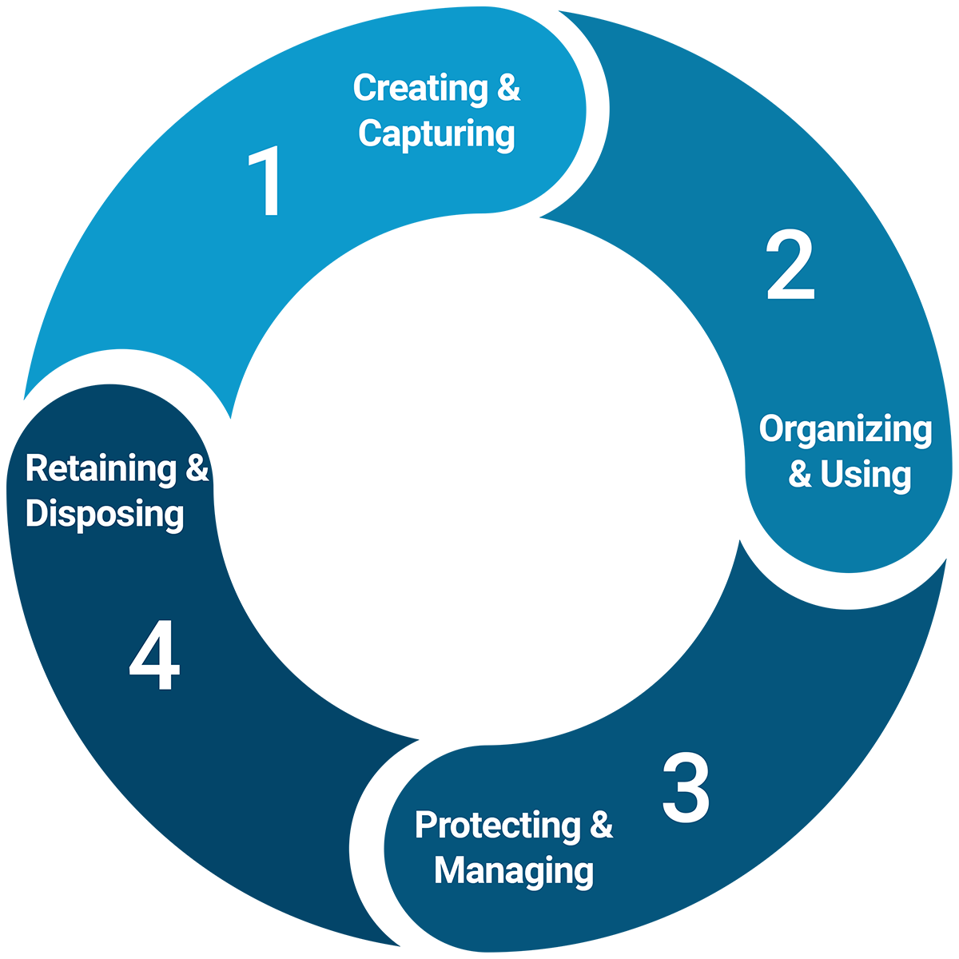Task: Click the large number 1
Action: [x=267, y=182]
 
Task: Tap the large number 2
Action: [x=790, y=266]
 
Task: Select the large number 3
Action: [x=686, y=788]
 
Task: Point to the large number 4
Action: [x=154, y=659]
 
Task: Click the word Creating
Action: [x=420, y=88]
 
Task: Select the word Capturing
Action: [x=436, y=133]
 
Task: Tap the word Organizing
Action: [x=846, y=430]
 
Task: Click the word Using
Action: [x=865, y=475]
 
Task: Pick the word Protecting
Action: [x=498, y=826]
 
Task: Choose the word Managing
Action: [x=514, y=871]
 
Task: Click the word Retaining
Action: [x=101, y=468]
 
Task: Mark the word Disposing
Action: [x=105, y=514]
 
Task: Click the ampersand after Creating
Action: [x=508, y=88]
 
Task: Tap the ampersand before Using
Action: [x=799, y=475]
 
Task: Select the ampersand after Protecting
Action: [x=602, y=826]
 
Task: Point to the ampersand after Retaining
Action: [x=197, y=468]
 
